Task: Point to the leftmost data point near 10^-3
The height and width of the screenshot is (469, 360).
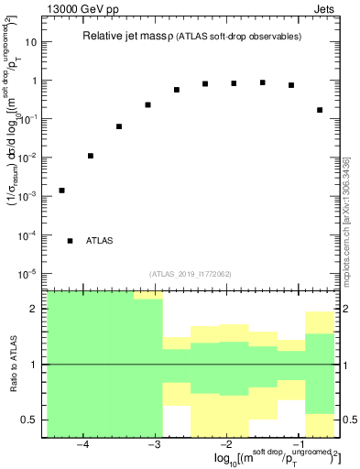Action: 61,191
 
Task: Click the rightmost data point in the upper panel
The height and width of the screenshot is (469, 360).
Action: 320,110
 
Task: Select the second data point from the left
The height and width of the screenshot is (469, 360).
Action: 91,156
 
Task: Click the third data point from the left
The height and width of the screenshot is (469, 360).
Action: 119,126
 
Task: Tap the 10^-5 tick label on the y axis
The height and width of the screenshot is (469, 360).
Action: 26,274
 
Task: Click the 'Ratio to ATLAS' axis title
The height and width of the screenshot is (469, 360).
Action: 13,365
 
